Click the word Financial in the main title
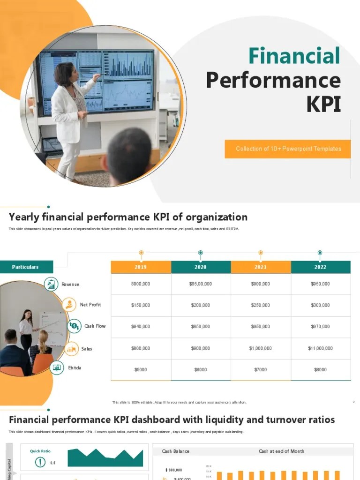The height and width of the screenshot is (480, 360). click(294, 56)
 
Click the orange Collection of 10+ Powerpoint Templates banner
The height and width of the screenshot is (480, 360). click(288, 149)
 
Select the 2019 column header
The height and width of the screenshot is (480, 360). click(141, 267)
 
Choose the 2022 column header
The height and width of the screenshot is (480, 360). click(321, 267)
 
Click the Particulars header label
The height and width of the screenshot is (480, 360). click(26, 267)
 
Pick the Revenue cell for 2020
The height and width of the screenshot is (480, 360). click(201, 284)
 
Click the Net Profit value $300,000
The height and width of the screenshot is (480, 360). click(321, 305)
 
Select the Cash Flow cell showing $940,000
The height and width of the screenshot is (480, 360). click(141, 327)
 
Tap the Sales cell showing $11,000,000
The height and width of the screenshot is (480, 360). click(321, 348)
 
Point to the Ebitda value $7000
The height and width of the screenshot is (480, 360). click(261, 370)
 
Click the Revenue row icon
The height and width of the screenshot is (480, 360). click(51, 284)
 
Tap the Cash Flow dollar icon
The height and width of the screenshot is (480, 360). click(74, 326)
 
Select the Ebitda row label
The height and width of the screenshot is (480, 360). click(75, 368)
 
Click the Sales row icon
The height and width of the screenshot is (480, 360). click(71, 348)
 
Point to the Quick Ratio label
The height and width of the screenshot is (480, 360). click(40, 451)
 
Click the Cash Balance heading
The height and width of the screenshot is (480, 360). click(176, 451)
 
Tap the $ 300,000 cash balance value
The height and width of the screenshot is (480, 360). click(174, 470)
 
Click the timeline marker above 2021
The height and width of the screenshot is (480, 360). click(261, 253)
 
